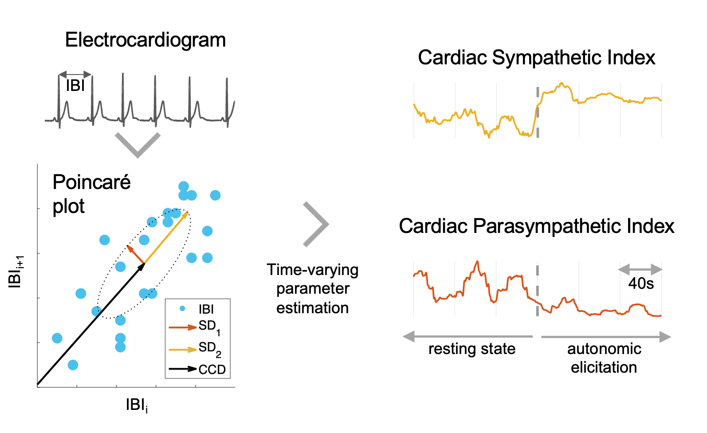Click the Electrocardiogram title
click(145, 40)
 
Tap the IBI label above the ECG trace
click(75, 85)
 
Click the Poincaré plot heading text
click(91, 194)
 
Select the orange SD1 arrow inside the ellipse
click(136, 254)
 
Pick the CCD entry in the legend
click(212, 369)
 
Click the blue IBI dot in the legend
click(182, 308)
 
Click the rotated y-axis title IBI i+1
click(16, 272)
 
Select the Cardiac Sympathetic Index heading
click(536, 58)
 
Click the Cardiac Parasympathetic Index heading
click(536, 226)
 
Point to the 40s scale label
click(640, 283)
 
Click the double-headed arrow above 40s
click(640, 269)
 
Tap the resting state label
click(472, 349)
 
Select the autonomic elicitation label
click(604, 358)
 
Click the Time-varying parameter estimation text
click(313, 288)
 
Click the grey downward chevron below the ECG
click(137, 145)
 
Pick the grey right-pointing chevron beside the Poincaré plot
click(316, 224)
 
